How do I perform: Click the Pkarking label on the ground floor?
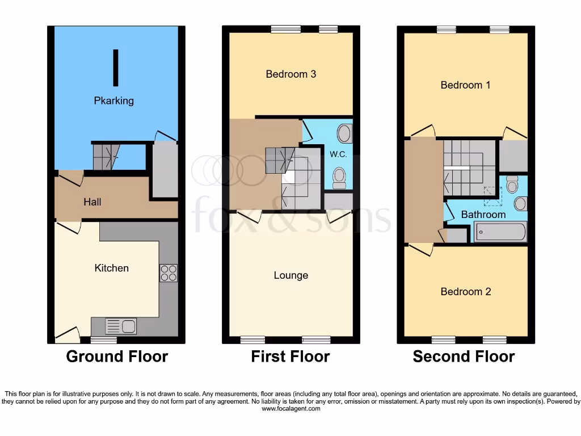(114, 100)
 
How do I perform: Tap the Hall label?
(92, 202)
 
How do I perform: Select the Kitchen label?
(112, 268)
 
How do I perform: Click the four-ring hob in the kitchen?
(169, 273)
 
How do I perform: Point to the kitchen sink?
(121, 326)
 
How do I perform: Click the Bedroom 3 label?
(290, 74)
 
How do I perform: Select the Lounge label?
(291, 275)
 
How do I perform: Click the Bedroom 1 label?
(465, 85)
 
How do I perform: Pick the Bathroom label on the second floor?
(483, 215)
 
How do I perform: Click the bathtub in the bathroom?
(500, 232)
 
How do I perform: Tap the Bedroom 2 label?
(466, 292)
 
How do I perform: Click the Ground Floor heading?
(117, 357)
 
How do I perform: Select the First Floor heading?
(290, 357)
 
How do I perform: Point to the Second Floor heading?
(464, 357)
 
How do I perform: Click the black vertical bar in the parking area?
(116, 68)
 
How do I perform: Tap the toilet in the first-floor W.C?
(339, 177)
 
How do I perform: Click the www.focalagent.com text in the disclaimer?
(290, 409)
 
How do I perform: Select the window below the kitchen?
(104, 340)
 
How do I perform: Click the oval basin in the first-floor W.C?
(344, 134)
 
